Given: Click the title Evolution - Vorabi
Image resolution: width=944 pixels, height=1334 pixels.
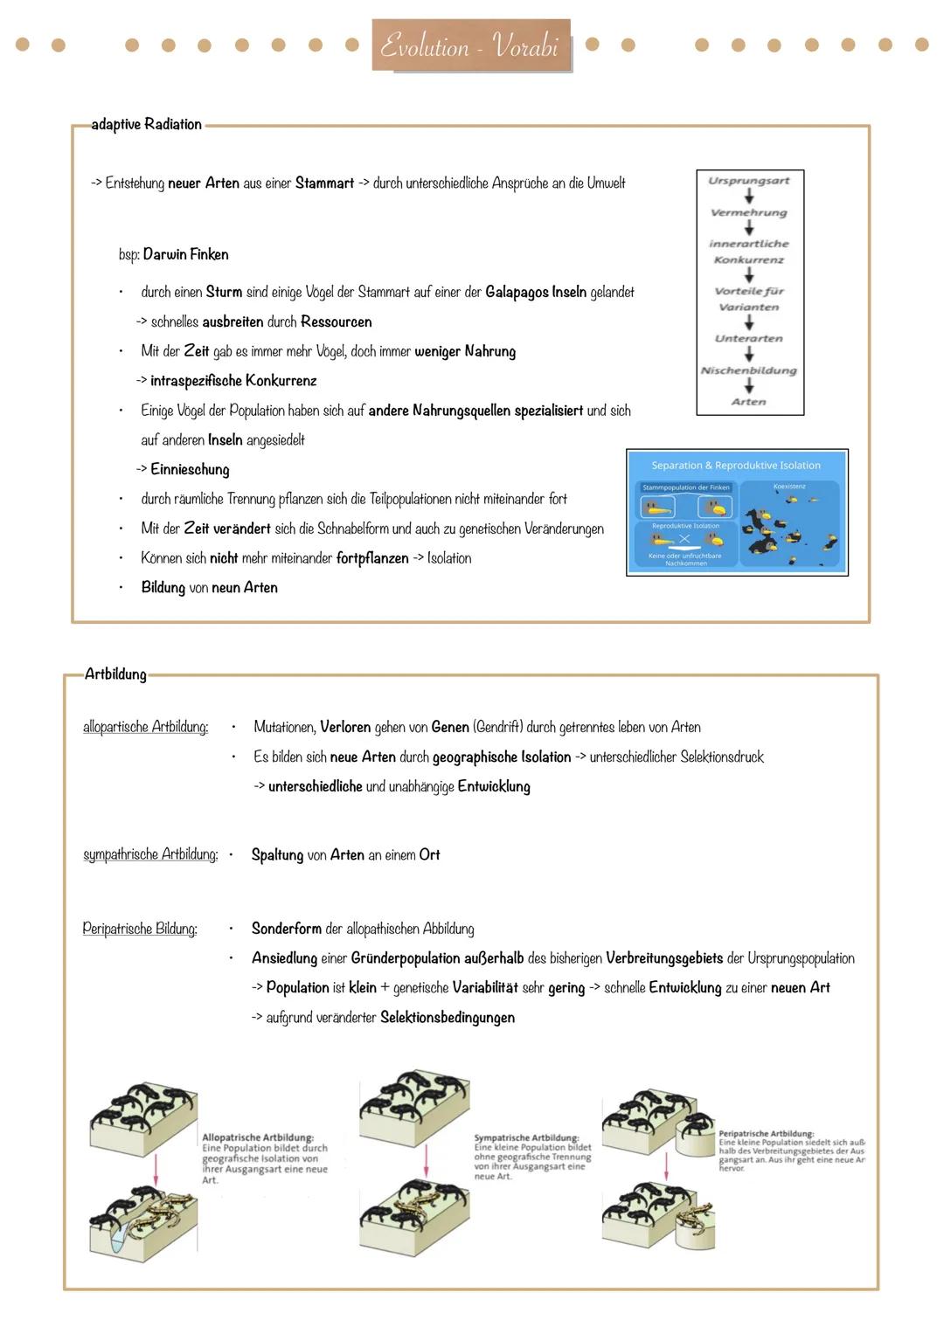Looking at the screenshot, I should tap(470, 45).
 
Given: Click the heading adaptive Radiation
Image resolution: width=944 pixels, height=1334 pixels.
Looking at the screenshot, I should tap(146, 124).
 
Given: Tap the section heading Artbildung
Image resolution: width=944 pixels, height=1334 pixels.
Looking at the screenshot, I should tap(115, 674).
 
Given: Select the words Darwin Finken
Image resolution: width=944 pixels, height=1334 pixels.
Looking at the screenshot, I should tap(185, 254).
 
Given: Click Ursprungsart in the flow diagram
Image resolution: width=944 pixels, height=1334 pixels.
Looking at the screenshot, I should tap(749, 181).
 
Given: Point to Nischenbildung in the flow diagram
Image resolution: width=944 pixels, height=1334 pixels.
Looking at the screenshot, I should tap(749, 370).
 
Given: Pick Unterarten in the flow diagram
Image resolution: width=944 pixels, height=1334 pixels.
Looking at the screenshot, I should tap(749, 339).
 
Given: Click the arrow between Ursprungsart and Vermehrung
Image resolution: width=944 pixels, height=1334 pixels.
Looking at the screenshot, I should tap(749, 197).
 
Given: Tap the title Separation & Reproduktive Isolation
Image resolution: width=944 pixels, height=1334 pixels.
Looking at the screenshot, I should tap(736, 466).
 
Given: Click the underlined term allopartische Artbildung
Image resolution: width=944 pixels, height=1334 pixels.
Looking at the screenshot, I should tap(145, 727).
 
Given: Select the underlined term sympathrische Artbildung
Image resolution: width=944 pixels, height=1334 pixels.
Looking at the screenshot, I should tap(150, 854).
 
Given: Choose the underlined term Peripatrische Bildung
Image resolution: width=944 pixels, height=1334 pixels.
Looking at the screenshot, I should tap(140, 929).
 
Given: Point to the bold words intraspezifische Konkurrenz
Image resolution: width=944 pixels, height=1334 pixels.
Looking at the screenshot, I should tap(233, 381).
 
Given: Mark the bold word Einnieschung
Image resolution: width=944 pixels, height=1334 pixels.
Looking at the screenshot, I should tap(190, 469).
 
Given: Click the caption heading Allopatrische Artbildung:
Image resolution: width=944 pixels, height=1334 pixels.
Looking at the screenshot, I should tap(257, 1137).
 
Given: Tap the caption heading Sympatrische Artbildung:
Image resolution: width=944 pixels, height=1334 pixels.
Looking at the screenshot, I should tap(526, 1137).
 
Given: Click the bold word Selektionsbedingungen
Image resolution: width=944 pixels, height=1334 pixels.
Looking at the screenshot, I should tap(448, 1018).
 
